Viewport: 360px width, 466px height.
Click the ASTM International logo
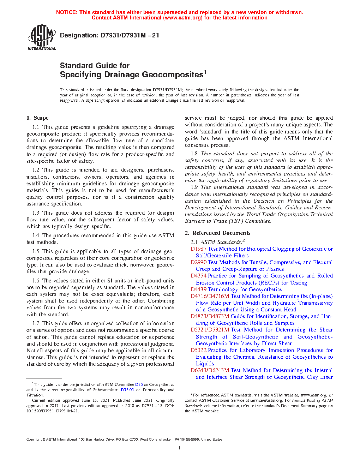point(42,37)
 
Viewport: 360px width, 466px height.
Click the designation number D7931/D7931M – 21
point(130,35)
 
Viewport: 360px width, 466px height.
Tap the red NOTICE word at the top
point(67,12)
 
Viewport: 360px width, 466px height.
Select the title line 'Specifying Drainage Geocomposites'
point(132,75)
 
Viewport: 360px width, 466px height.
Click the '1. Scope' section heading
point(37,118)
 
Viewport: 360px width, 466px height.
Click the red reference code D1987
point(198,249)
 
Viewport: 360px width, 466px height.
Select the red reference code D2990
point(198,262)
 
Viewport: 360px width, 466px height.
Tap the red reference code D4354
point(198,276)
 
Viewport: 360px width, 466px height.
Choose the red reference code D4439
point(198,289)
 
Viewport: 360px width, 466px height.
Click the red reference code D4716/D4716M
point(210,296)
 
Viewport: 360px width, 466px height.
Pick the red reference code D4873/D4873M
point(210,316)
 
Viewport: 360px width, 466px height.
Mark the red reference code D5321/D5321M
point(210,330)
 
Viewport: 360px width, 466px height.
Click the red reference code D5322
point(198,350)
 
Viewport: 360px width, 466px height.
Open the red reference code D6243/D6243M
point(210,370)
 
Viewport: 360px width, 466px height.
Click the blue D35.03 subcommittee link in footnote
point(127,390)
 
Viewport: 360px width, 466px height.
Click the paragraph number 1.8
point(194,154)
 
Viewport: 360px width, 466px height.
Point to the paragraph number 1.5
point(36,251)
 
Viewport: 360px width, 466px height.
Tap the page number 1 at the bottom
point(180,448)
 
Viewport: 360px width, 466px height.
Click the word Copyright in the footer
point(34,440)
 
